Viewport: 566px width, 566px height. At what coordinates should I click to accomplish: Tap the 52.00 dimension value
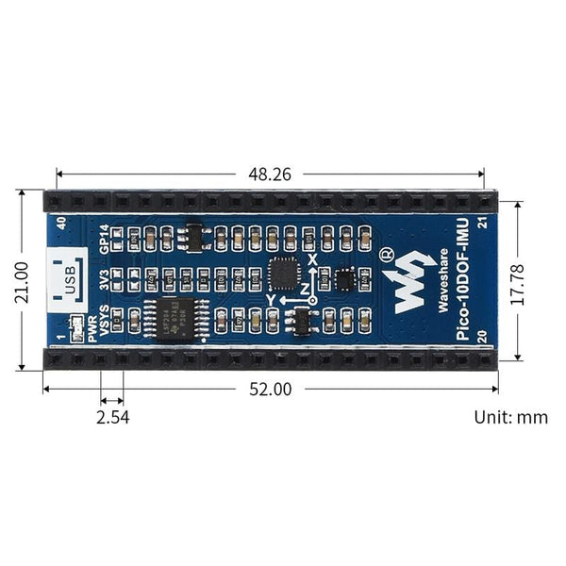pyautogui.click(x=271, y=389)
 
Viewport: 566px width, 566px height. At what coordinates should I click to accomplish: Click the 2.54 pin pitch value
pyautogui.click(x=112, y=415)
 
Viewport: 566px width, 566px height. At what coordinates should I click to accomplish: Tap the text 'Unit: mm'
pyautogui.click(x=510, y=416)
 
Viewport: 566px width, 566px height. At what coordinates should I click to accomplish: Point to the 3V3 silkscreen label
pyautogui.click(x=105, y=280)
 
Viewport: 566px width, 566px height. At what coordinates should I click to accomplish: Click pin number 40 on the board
pyautogui.click(x=61, y=224)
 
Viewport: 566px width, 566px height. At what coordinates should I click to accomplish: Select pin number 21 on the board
pyautogui.click(x=482, y=224)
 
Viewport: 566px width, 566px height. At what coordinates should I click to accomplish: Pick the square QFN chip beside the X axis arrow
pyautogui.click(x=284, y=274)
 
